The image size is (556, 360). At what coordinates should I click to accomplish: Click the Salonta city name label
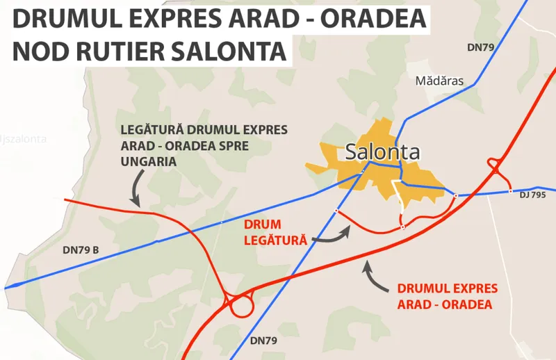click(382, 152)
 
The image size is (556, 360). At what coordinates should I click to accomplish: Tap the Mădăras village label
click(439, 81)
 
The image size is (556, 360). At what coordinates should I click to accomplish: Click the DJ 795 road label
click(532, 195)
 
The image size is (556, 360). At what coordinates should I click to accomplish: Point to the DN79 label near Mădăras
click(480, 47)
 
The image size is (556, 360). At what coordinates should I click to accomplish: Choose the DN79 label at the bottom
click(263, 340)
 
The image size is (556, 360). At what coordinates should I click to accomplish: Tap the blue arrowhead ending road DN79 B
click(10, 286)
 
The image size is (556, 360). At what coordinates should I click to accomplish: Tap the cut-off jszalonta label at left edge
click(24, 138)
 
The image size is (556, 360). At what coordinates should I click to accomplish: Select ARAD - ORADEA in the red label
click(444, 304)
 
